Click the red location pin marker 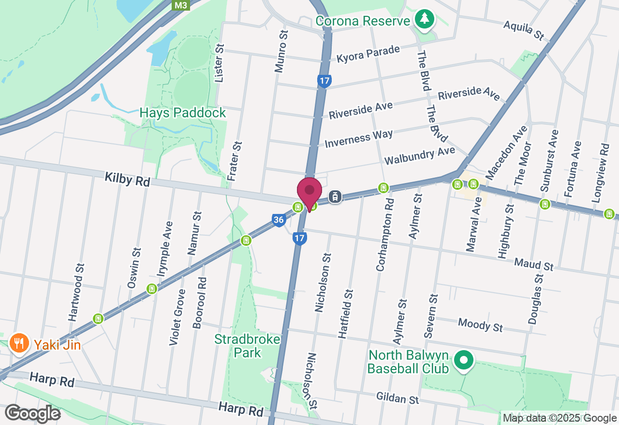309,192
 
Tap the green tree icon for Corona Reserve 425,19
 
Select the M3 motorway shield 181,5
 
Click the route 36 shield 278,220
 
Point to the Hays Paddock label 183,113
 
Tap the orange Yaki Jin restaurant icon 19,344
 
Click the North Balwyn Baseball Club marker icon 464,360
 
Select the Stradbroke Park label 248,346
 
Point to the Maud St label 533,264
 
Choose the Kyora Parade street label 368,54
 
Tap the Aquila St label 524,30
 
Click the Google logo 32,413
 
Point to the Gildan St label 398,398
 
